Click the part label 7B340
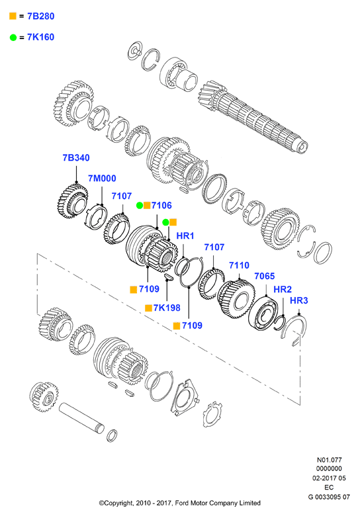click(76, 158)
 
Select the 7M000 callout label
click(102, 179)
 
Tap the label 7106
click(161, 205)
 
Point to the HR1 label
click(185, 236)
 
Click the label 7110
click(240, 265)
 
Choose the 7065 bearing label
click(265, 276)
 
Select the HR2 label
click(283, 289)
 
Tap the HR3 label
click(299, 300)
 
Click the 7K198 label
click(167, 308)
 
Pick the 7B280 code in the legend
click(41, 17)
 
